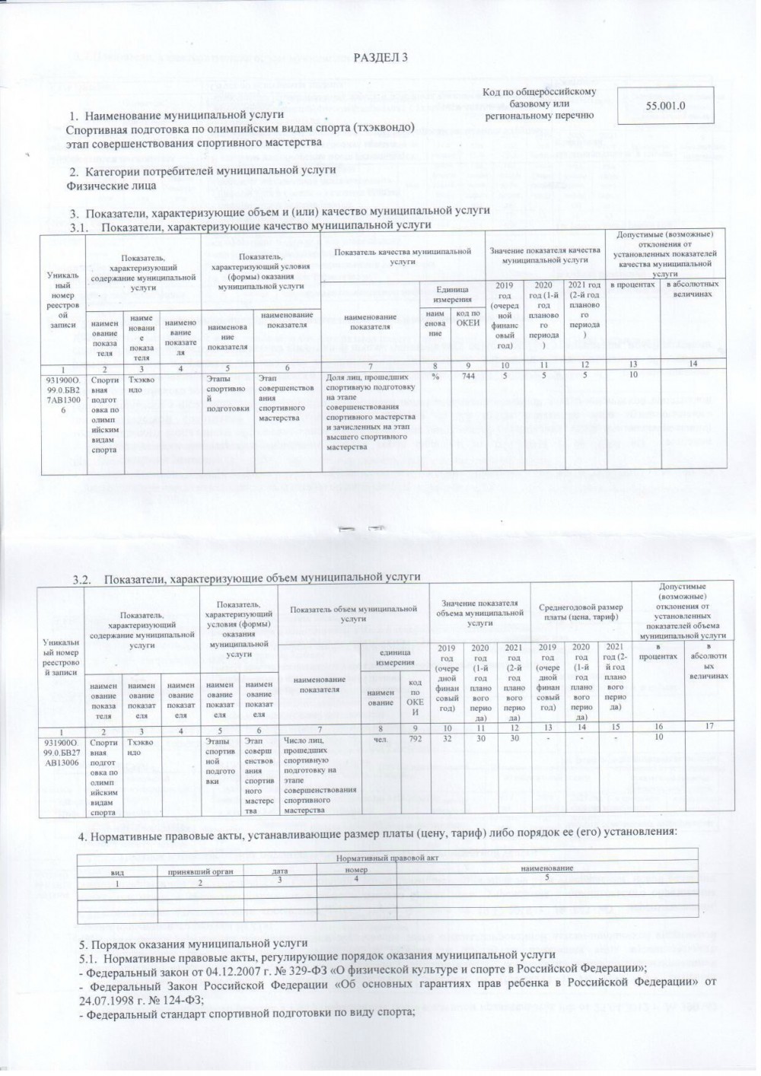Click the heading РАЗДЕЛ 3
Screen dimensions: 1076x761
[380, 59]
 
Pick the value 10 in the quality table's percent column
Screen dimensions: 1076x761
[632, 376]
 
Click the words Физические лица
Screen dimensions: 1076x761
[111, 185]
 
